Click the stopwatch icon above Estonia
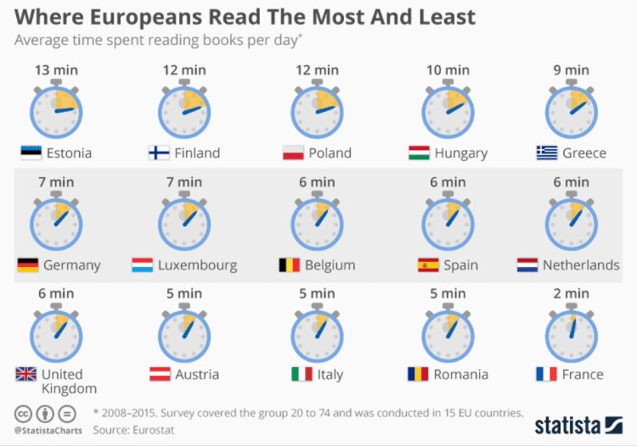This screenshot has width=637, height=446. pos(56,110)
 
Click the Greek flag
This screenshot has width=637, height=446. pos(546,153)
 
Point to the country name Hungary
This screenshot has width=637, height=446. pos(460,153)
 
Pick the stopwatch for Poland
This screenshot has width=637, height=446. pos(316,110)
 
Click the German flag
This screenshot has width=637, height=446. pos(27,265)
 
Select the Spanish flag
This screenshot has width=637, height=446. pos(427,265)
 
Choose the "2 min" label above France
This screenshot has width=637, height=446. pos(571,293)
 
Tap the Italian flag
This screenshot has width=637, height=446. pos(302,374)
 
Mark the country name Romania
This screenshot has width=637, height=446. pos(460,374)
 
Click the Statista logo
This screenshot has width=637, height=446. pos(578,424)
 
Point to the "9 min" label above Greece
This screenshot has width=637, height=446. pos(571,70)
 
